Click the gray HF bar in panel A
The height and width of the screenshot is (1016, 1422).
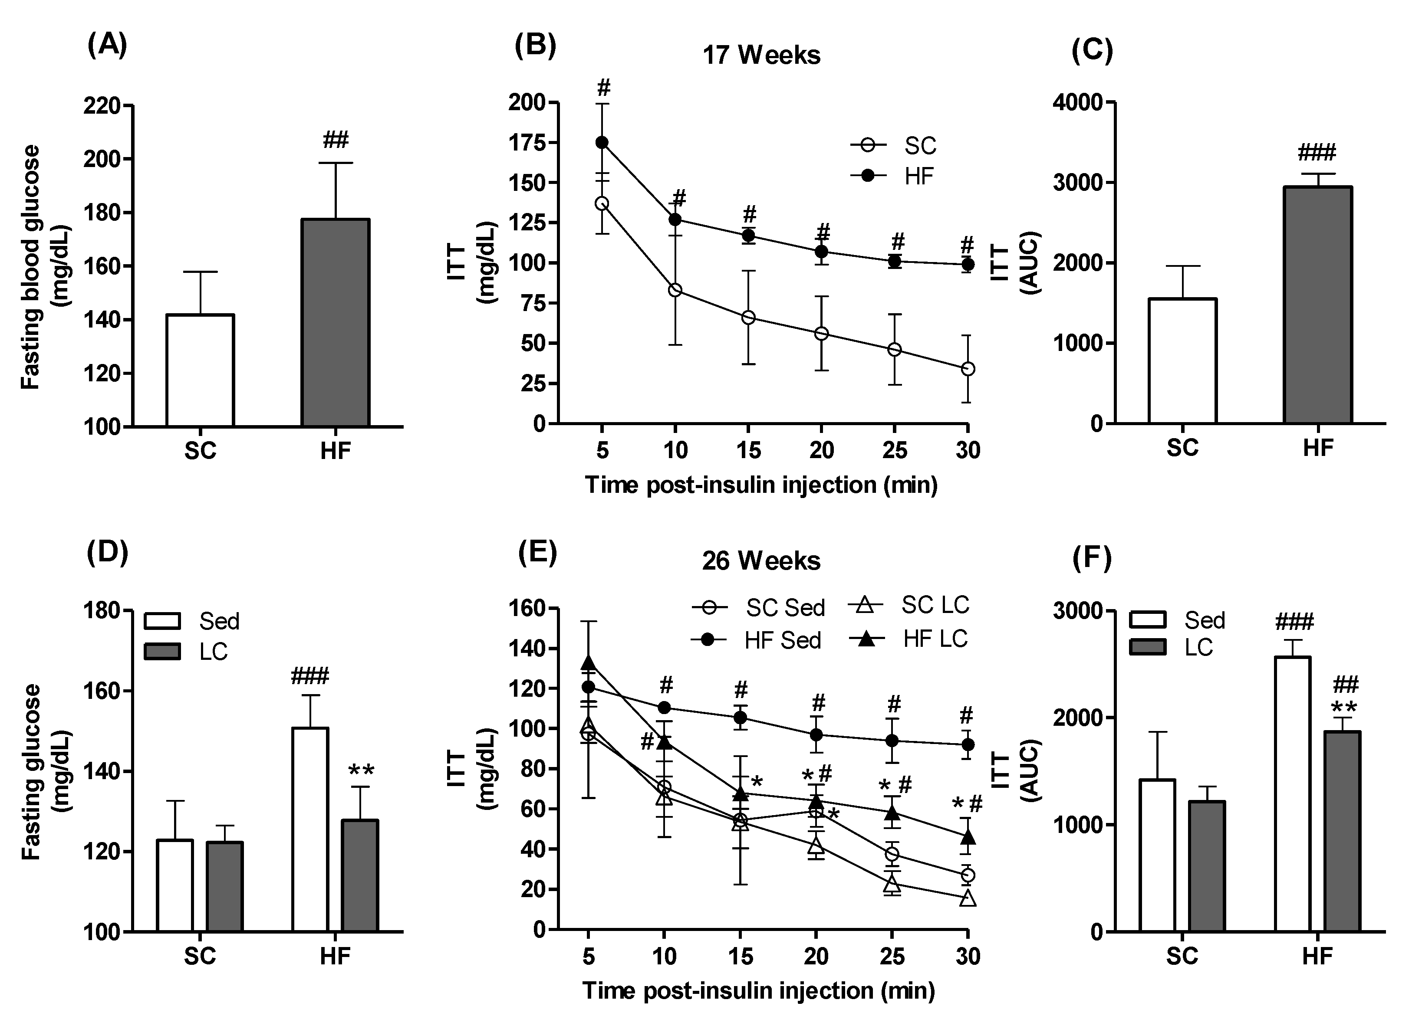coord(336,322)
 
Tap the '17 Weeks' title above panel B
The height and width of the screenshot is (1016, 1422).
coord(761,56)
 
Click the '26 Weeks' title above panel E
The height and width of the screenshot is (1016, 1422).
coord(761,561)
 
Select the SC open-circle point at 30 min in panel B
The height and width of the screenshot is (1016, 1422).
coord(968,368)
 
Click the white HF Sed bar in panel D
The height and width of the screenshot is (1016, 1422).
coord(310,829)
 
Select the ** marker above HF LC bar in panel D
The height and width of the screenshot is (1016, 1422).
coord(361,771)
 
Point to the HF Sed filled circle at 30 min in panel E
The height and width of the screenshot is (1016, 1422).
coord(968,744)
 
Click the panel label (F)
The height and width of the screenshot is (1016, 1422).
coord(1092,558)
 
